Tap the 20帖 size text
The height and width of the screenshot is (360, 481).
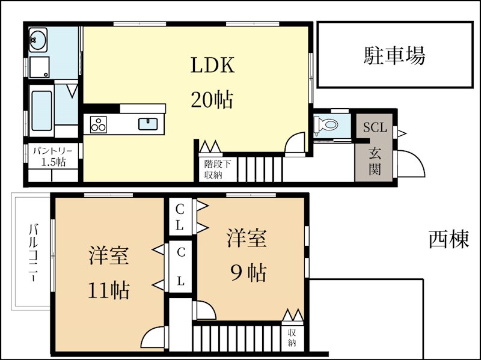click(212, 99)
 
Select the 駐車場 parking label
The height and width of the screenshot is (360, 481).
click(394, 56)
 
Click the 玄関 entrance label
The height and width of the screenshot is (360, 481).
click(375, 159)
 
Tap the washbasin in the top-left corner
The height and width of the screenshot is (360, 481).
click(38, 41)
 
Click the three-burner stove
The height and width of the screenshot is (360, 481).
click(98, 124)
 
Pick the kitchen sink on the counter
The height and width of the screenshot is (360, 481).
click(148, 124)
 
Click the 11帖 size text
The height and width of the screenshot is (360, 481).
click(109, 291)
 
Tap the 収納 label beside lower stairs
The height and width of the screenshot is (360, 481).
click(292, 338)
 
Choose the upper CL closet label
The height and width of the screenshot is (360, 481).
click(180, 218)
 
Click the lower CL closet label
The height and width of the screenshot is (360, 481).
click(180, 267)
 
